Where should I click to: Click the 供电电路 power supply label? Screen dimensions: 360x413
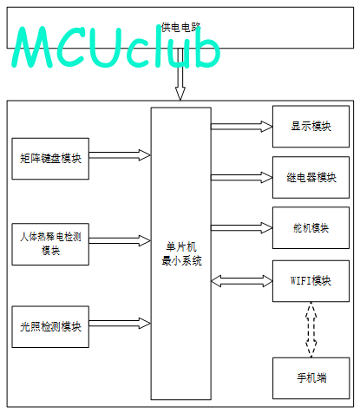coord(180,28)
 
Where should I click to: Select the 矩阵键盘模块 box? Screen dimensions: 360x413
coord(50,159)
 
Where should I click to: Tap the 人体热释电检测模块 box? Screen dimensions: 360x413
coord(50,244)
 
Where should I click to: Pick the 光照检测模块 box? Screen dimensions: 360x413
coord(50,327)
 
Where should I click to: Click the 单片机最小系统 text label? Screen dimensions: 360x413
coord(181,254)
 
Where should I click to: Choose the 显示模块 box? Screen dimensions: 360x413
coord(311,127)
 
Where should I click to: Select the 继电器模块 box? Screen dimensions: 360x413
coord(311,177)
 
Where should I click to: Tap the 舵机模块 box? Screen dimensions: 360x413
coord(311,228)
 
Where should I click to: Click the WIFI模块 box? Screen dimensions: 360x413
coord(311,281)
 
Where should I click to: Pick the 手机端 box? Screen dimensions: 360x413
coord(311,378)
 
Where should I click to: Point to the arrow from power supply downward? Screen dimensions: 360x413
coord(180,75)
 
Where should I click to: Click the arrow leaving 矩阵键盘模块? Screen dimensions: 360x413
coord(120,155)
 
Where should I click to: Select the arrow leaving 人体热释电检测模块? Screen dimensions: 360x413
coord(120,240)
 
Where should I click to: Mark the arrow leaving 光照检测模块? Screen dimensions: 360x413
coord(120,324)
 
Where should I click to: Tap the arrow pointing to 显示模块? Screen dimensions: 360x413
coord(242,127)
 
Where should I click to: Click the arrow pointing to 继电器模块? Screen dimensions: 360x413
coord(242,177)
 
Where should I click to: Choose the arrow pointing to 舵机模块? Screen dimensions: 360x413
coord(242,228)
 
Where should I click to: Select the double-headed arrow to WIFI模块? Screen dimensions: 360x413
coord(242,281)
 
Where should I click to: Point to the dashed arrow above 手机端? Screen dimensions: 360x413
coord(311,330)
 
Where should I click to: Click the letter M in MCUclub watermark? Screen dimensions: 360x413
coord(32,47)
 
